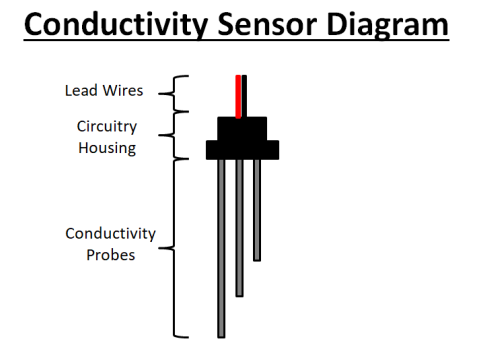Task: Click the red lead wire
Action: click(x=238, y=95)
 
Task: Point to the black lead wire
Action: click(x=245, y=95)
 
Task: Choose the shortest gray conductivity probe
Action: click(x=257, y=209)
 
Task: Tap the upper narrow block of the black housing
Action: click(x=242, y=128)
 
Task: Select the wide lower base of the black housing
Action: click(x=242, y=149)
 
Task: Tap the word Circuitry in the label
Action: click(x=108, y=127)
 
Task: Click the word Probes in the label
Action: click(x=111, y=254)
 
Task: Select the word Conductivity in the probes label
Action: click(x=111, y=234)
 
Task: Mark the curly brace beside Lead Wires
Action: click(x=181, y=92)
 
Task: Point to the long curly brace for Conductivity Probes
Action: click(x=181, y=248)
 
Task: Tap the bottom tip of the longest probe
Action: click(x=221, y=334)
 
